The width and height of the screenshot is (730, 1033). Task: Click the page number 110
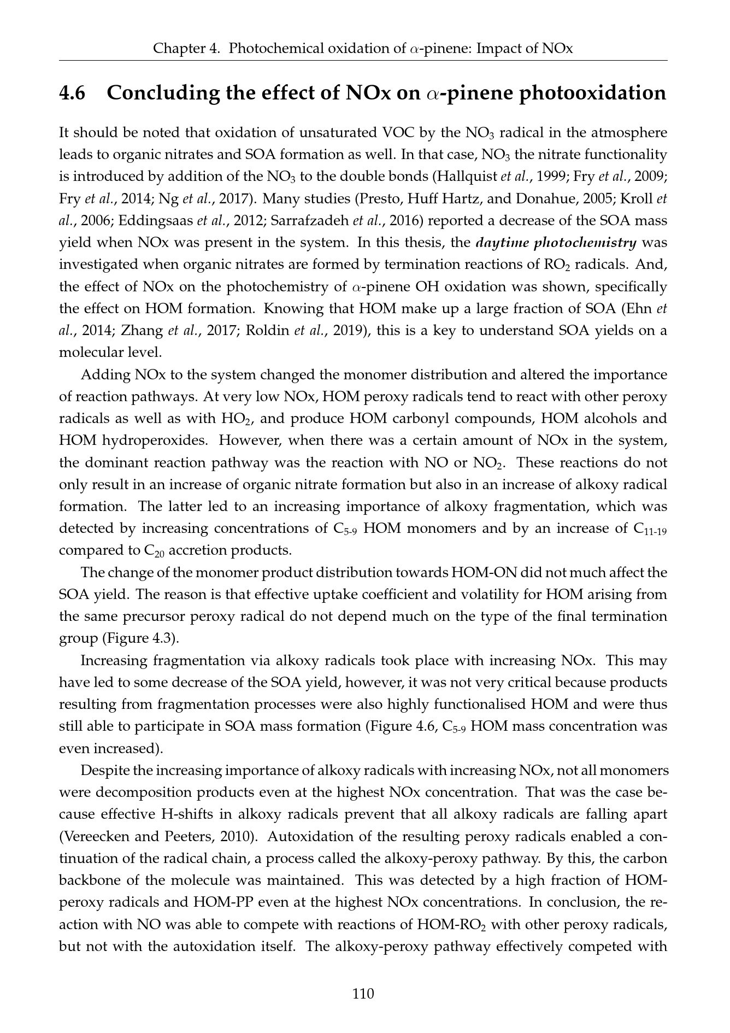[x=364, y=993]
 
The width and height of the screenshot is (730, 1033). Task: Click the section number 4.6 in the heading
[x=72, y=93]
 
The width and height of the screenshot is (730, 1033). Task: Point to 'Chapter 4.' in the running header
[x=187, y=49]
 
